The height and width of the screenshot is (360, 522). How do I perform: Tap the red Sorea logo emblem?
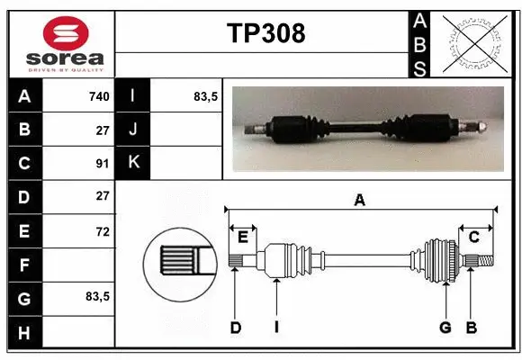pyautogui.click(x=59, y=33)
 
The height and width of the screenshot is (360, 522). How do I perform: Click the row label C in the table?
pyautogui.click(x=24, y=163)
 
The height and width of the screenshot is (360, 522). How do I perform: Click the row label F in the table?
pyautogui.click(x=24, y=265)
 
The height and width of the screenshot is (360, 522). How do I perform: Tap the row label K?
pyautogui.click(x=133, y=162)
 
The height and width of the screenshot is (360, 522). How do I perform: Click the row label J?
pyautogui.click(x=133, y=130)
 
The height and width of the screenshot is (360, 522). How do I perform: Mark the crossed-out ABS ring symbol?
pyautogui.click(x=473, y=41)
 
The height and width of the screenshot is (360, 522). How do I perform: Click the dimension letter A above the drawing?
pyautogui.click(x=359, y=201)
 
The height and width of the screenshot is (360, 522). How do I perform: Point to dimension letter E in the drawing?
pyautogui.click(x=243, y=237)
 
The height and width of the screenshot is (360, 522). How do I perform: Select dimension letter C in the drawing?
pyautogui.click(x=473, y=237)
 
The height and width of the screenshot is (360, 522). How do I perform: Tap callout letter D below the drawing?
pyautogui.click(x=235, y=328)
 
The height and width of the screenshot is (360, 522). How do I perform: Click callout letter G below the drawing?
pyautogui.click(x=445, y=328)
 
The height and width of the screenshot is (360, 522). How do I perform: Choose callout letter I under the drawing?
pyautogui.click(x=276, y=328)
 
